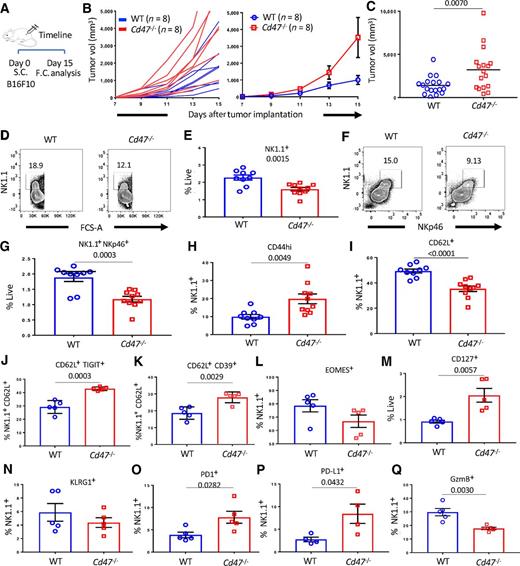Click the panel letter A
6,9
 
